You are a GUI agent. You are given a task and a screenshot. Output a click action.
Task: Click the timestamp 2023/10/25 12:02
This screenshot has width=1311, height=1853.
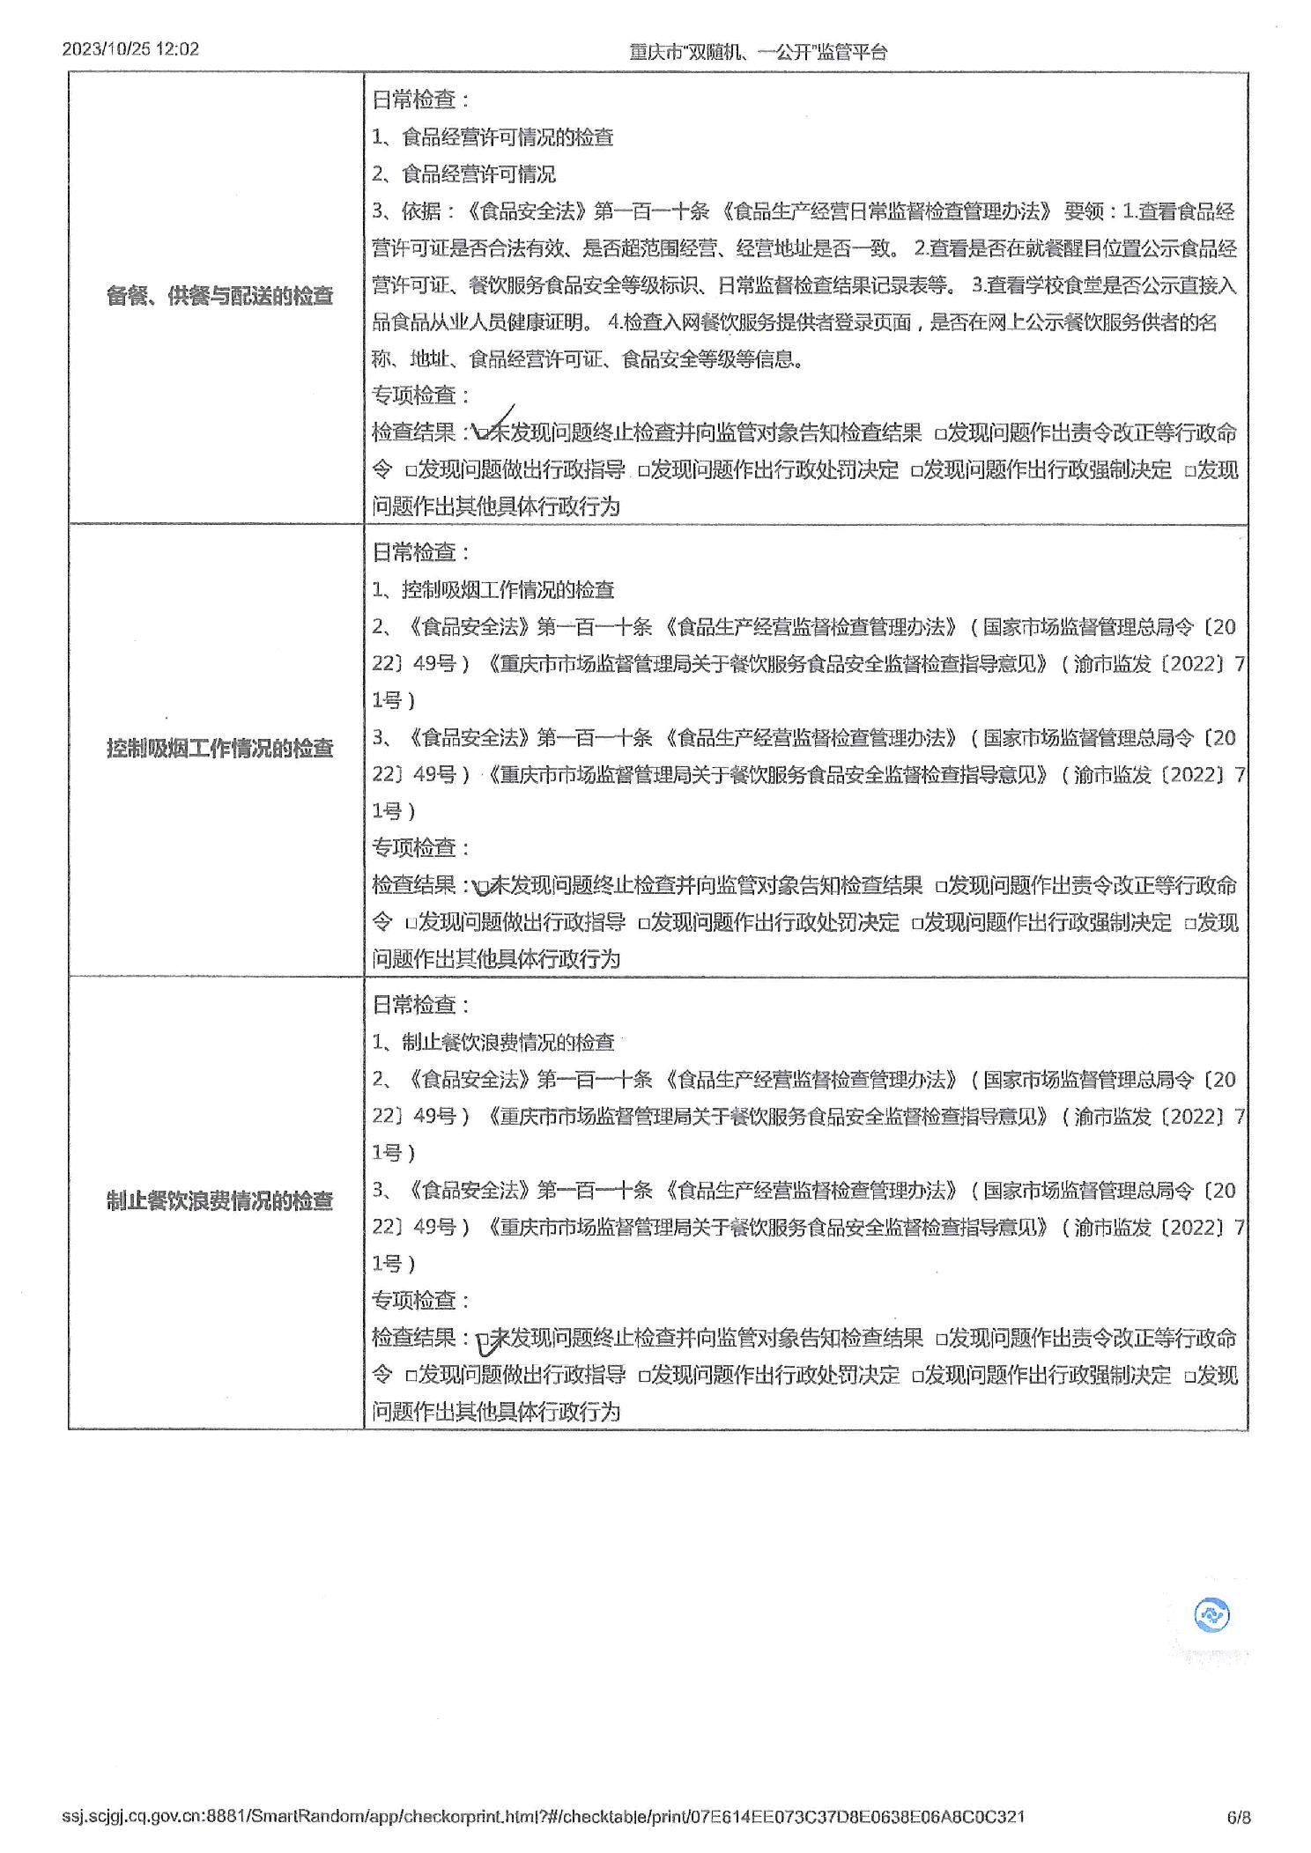click(130, 49)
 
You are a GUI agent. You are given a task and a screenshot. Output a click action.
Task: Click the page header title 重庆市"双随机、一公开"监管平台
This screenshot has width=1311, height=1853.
click(758, 52)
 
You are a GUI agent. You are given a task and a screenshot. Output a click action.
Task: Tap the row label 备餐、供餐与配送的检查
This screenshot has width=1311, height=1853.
click(219, 296)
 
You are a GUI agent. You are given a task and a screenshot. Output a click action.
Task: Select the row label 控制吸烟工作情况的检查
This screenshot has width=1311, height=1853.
click(219, 749)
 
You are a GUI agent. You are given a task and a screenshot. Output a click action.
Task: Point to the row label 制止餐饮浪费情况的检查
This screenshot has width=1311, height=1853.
click(219, 1200)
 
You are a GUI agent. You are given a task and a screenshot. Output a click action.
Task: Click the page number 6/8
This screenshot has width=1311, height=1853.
click(1238, 1817)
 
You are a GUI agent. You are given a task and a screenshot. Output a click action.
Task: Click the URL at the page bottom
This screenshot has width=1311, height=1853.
click(543, 1817)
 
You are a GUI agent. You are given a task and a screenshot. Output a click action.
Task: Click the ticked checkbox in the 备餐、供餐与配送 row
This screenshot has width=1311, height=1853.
click(482, 433)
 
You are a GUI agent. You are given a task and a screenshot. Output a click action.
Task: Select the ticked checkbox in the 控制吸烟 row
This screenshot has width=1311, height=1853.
click(482, 886)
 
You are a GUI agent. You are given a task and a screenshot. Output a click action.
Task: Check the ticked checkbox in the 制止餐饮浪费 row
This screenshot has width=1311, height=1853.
click(483, 1340)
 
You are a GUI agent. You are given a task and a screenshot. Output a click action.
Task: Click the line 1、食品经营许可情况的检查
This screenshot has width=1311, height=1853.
click(493, 137)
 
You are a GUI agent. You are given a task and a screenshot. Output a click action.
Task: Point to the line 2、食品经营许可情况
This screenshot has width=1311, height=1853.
click(463, 174)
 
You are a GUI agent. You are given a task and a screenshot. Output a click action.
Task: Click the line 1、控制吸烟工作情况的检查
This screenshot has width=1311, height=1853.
click(493, 590)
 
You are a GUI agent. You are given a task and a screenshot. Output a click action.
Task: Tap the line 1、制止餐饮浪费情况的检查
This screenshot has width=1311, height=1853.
click(493, 1043)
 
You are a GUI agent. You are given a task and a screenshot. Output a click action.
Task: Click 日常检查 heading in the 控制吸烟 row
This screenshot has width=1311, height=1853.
click(421, 553)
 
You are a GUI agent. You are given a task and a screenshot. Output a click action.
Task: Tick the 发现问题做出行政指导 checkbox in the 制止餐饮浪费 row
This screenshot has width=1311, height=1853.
click(411, 1376)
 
